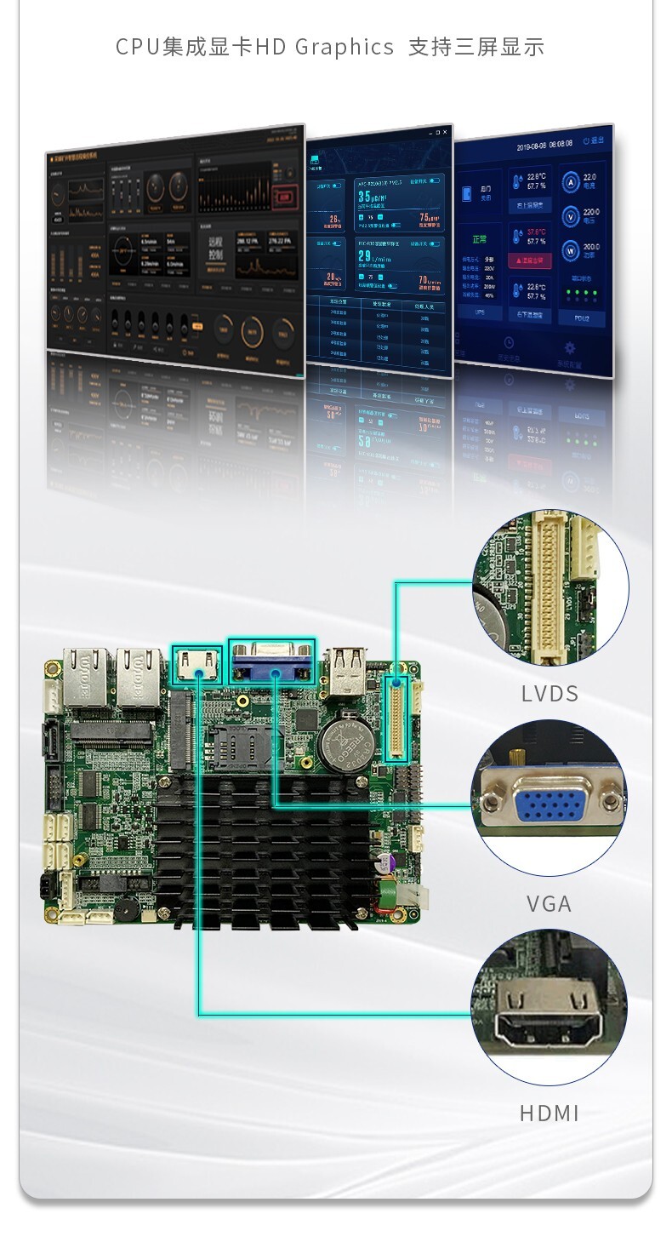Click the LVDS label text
550,694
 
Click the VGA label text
549,903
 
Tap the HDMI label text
550,1113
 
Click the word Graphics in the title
345,47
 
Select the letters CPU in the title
138,47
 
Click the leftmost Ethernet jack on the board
88,677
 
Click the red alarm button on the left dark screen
285,198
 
